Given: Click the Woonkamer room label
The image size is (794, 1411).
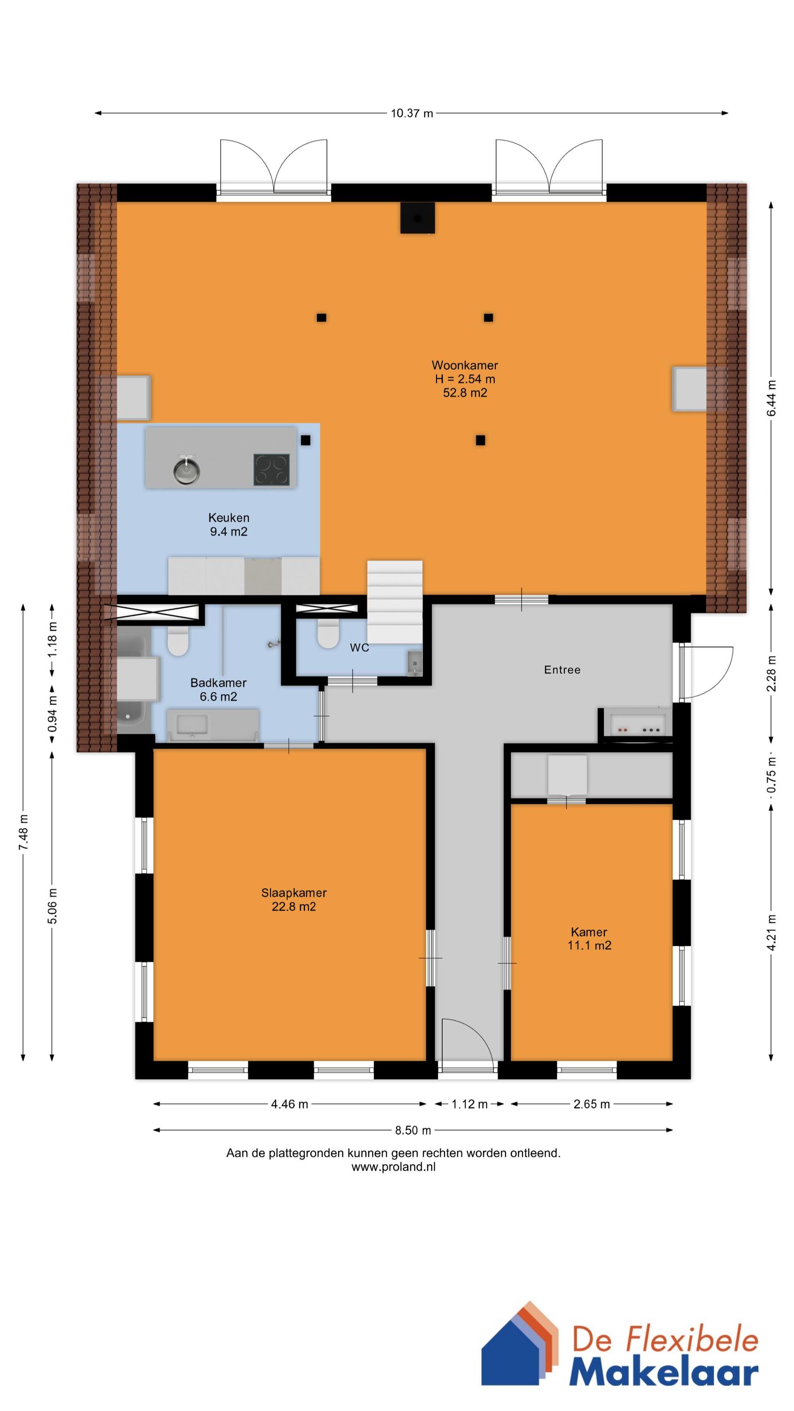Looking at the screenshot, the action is click(465, 365).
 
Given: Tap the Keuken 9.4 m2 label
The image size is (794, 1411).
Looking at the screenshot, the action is click(229, 524).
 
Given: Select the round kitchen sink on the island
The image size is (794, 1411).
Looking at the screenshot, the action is click(186, 469).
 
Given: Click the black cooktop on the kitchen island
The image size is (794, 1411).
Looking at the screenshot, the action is click(271, 469).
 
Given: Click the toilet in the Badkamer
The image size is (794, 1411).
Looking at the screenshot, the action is click(178, 642).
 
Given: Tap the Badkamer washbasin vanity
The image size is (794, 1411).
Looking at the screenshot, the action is click(213, 725).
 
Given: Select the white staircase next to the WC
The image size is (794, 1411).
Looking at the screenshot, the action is click(395, 602).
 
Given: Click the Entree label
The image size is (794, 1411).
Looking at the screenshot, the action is click(562, 669).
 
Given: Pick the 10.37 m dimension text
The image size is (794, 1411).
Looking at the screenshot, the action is click(412, 113).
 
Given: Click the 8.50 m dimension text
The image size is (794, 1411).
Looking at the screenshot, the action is click(413, 1129).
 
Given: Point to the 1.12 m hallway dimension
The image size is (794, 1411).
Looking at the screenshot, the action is click(469, 1104).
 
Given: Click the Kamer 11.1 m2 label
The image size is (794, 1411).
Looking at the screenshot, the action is click(589, 938).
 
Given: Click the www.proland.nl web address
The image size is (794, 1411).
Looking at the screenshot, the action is click(393, 1167).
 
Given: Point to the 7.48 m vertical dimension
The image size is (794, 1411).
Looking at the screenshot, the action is click(23, 832).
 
